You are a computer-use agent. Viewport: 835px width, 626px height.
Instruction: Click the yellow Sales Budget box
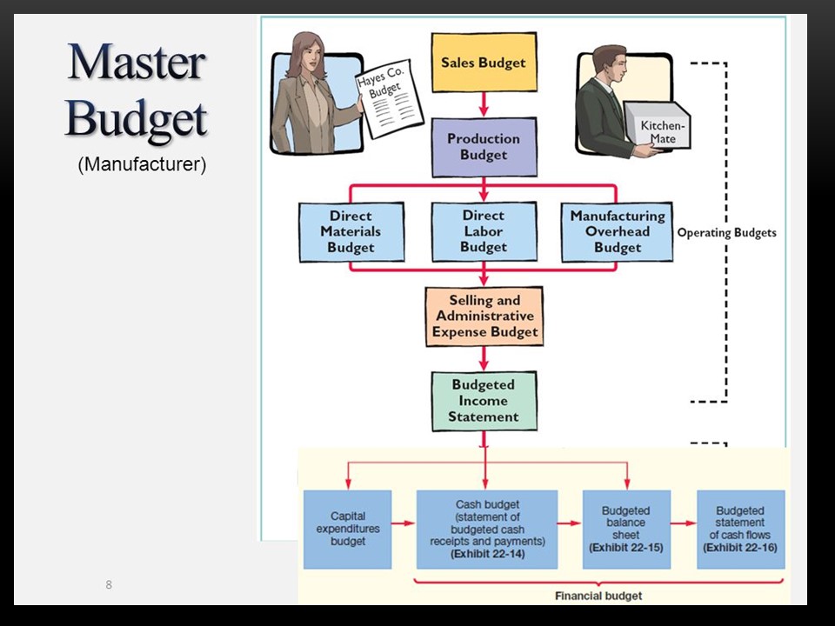(x=484, y=63)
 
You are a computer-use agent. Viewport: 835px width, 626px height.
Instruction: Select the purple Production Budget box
(x=484, y=147)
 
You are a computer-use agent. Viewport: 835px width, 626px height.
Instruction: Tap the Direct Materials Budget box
(x=351, y=232)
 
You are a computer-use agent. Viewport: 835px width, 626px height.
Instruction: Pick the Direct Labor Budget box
(x=484, y=232)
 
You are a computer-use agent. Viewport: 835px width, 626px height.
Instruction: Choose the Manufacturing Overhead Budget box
(x=617, y=232)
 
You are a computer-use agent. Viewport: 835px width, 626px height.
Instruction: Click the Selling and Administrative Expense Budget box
(x=484, y=316)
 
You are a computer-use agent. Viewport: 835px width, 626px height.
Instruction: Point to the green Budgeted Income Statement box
(x=484, y=401)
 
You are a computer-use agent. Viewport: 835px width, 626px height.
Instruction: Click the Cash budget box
(x=487, y=529)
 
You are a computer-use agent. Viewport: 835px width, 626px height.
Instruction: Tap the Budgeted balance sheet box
(x=625, y=529)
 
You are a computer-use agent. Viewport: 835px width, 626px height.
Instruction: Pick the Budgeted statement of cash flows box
(x=740, y=529)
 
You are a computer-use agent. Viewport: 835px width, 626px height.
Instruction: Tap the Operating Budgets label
(x=726, y=233)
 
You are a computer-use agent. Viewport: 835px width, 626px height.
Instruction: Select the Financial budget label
(x=598, y=596)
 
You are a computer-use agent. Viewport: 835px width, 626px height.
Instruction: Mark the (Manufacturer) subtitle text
(x=142, y=164)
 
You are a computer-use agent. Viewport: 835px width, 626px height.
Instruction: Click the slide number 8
(x=109, y=584)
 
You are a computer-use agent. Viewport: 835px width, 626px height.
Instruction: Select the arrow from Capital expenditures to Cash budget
(x=404, y=524)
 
